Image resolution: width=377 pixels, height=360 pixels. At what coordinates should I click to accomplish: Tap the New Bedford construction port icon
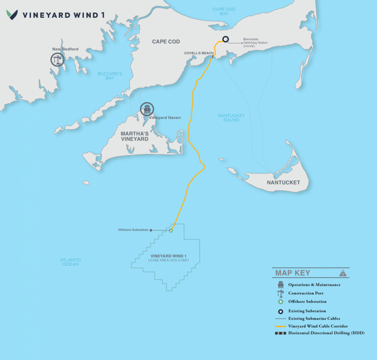click(x=57, y=59)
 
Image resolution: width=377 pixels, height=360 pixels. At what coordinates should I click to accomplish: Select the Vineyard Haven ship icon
click(x=147, y=109)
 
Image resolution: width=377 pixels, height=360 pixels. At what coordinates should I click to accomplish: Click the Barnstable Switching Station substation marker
click(x=225, y=39)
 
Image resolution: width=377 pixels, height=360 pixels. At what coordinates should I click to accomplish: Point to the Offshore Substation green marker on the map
click(x=171, y=230)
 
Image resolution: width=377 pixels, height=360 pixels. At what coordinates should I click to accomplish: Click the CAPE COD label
click(x=166, y=41)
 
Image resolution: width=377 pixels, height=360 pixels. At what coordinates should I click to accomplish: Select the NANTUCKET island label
click(x=283, y=182)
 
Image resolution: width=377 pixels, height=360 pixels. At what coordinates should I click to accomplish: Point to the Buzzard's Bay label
click(x=109, y=76)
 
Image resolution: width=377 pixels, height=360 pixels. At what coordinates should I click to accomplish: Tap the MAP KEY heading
click(x=293, y=273)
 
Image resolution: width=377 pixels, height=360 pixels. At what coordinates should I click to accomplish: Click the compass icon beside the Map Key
click(x=343, y=273)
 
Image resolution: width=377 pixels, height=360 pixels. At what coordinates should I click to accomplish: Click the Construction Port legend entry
click(x=306, y=293)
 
